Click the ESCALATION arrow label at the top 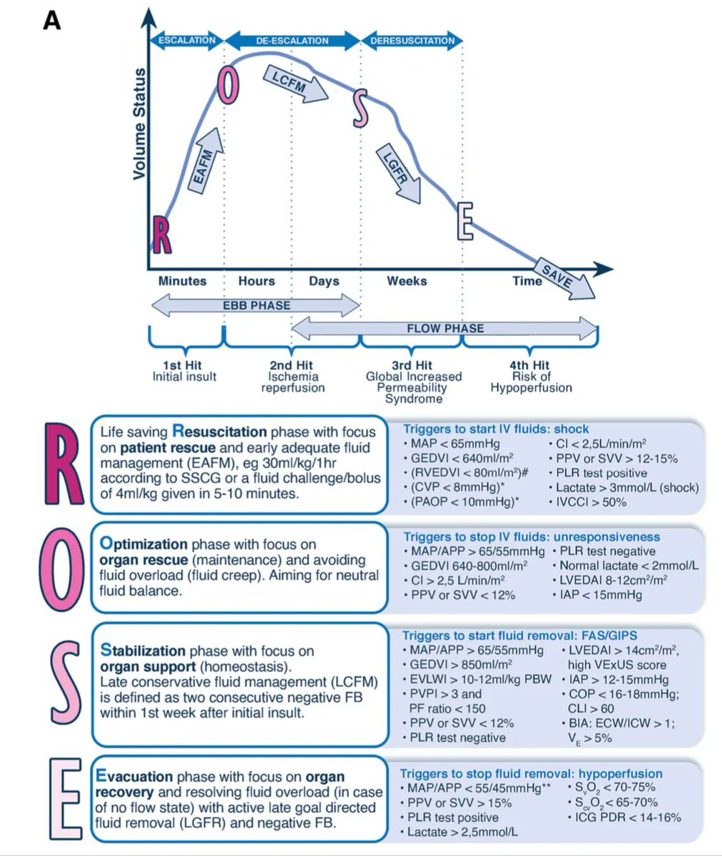pyautogui.click(x=186, y=40)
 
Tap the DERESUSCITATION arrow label pyautogui.click(x=412, y=41)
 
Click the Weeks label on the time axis pyautogui.click(x=407, y=281)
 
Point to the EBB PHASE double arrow pyautogui.click(x=258, y=306)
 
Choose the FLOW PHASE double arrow pyautogui.click(x=444, y=329)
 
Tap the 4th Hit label pyautogui.click(x=531, y=365)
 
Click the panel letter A pyautogui.click(x=51, y=21)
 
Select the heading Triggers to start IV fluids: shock pyautogui.click(x=496, y=429)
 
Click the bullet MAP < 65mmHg pyautogui.click(x=454, y=444)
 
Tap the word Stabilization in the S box pyautogui.click(x=144, y=651)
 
